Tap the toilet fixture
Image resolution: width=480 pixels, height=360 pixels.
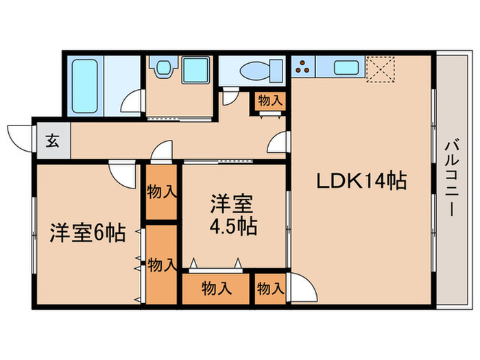click(x=261, y=71)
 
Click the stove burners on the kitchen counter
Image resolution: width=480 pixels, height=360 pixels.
click(x=302, y=67)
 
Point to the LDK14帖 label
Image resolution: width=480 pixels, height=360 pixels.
click(x=361, y=181)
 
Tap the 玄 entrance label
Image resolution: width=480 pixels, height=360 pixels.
click(x=51, y=143)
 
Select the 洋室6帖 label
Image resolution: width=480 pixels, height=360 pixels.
click(x=86, y=234)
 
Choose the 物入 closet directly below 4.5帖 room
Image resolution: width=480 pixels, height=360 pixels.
click(x=215, y=289)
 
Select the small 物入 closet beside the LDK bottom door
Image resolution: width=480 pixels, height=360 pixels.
click(x=270, y=289)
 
